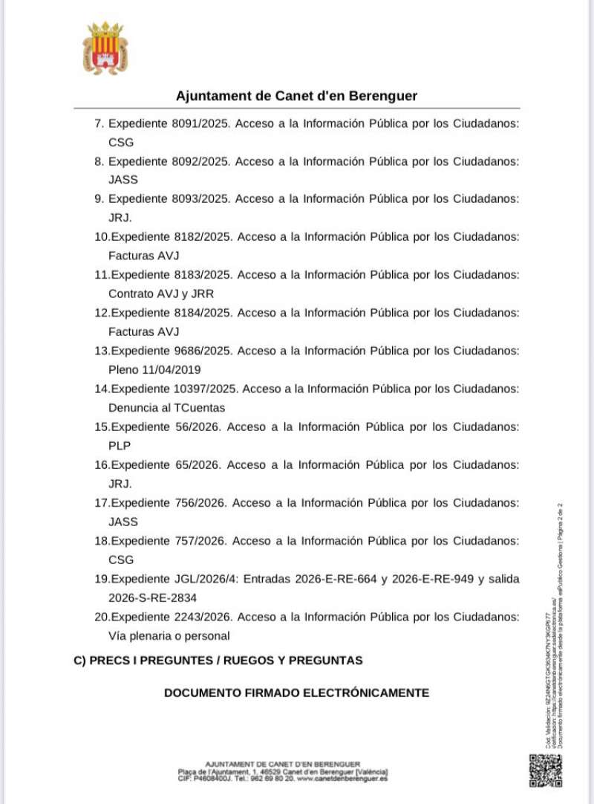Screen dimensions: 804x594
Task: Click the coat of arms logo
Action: click(105, 48)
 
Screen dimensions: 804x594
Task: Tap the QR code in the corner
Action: click(546, 771)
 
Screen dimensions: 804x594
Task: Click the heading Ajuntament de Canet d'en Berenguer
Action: click(296, 96)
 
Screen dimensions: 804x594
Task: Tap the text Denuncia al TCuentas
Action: click(166, 407)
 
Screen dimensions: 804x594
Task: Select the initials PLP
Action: click(119, 445)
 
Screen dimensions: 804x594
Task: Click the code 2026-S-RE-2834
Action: click(152, 597)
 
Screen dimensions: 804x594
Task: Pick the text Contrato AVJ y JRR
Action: click(160, 294)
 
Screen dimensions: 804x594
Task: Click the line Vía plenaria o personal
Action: click(169, 635)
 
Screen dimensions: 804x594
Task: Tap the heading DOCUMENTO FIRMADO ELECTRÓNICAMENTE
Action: click(296, 693)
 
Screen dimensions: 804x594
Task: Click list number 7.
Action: click(99, 123)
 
